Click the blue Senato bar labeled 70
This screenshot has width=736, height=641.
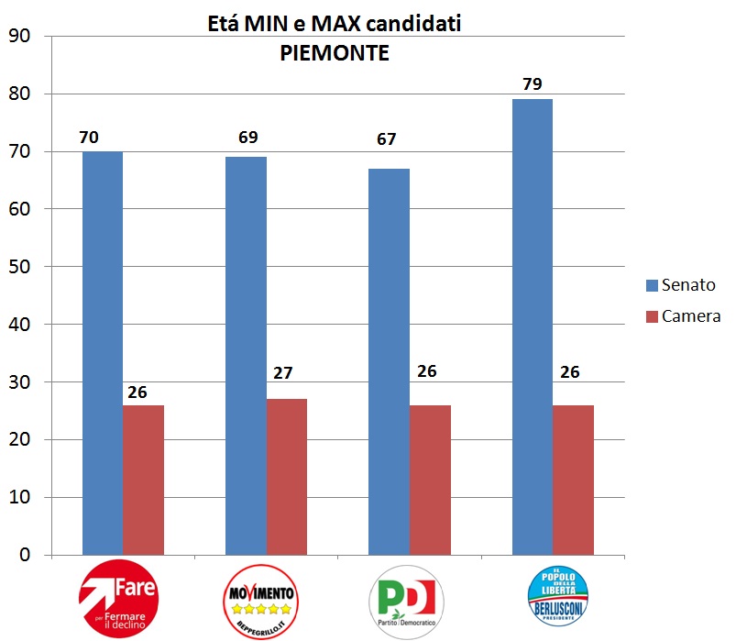pyautogui.click(x=102, y=353)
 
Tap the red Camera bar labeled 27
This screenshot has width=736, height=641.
pyautogui.click(x=288, y=477)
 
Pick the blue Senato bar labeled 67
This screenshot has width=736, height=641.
pyautogui.click(x=389, y=362)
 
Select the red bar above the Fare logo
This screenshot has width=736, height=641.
pyautogui.click(x=143, y=480)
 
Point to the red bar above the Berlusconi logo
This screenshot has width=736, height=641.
pyautogui.click(x=574, y=480)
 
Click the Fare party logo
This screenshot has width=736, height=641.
pyautogui.click(x=119, y=601)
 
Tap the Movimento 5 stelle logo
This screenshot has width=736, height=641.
pyautogui.click(x=261, y=601)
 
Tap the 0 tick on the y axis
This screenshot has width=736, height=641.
pyautogui.click(x=24, y=556)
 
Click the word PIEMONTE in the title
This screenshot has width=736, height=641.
pyautogui.click(x=334, y=54)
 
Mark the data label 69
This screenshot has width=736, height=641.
pyautogui.click(x=247, y=138)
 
